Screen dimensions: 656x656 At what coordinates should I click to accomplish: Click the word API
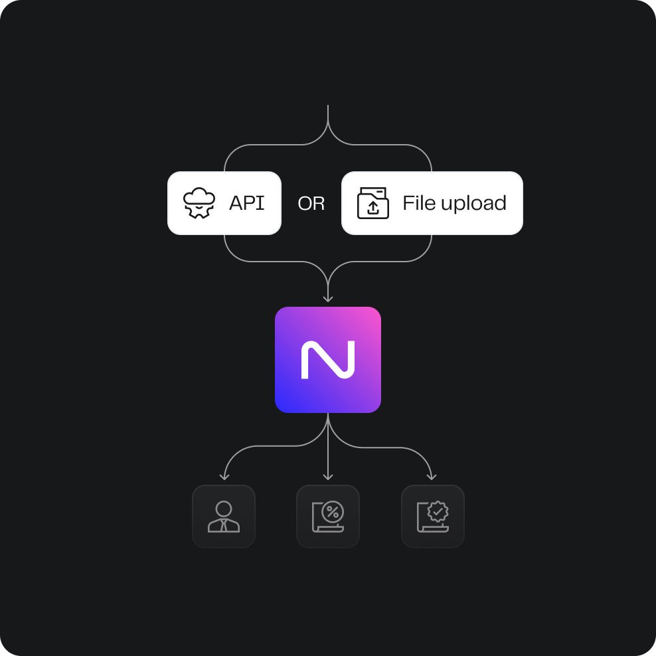tap(246, 203)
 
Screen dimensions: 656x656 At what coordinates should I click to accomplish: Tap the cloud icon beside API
tap(199, 203)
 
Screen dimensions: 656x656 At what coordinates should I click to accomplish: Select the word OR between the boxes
tap(311, 204)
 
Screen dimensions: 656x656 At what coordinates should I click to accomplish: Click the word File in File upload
tap(419, 203)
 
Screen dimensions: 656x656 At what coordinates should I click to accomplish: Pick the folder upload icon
tap(373, 203)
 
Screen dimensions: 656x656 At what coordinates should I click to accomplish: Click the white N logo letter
tap(328, 360)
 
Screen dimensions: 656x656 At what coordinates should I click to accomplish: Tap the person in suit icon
tap(224, 517)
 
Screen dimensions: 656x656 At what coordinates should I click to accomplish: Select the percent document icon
tap(328, 517)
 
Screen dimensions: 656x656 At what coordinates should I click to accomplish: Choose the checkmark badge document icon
tap(433, 517)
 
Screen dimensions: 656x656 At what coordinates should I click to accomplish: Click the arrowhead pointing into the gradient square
tap(328, 299)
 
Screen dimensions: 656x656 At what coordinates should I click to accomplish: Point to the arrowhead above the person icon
tap(224, 476)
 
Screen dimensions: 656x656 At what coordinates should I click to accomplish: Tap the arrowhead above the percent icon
tap(328, 476)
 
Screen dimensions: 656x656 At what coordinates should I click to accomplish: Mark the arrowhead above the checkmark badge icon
tap(432, 476)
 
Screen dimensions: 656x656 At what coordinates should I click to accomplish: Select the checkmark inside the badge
tap(438, 511)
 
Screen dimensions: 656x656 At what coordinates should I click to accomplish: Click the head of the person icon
tap(224, 509)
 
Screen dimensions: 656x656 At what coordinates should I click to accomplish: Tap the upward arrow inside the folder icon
tap(374, 208)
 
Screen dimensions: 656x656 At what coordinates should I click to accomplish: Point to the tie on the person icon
tap(224, 526)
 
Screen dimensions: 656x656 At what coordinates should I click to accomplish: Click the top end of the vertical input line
tap(328, 106)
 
